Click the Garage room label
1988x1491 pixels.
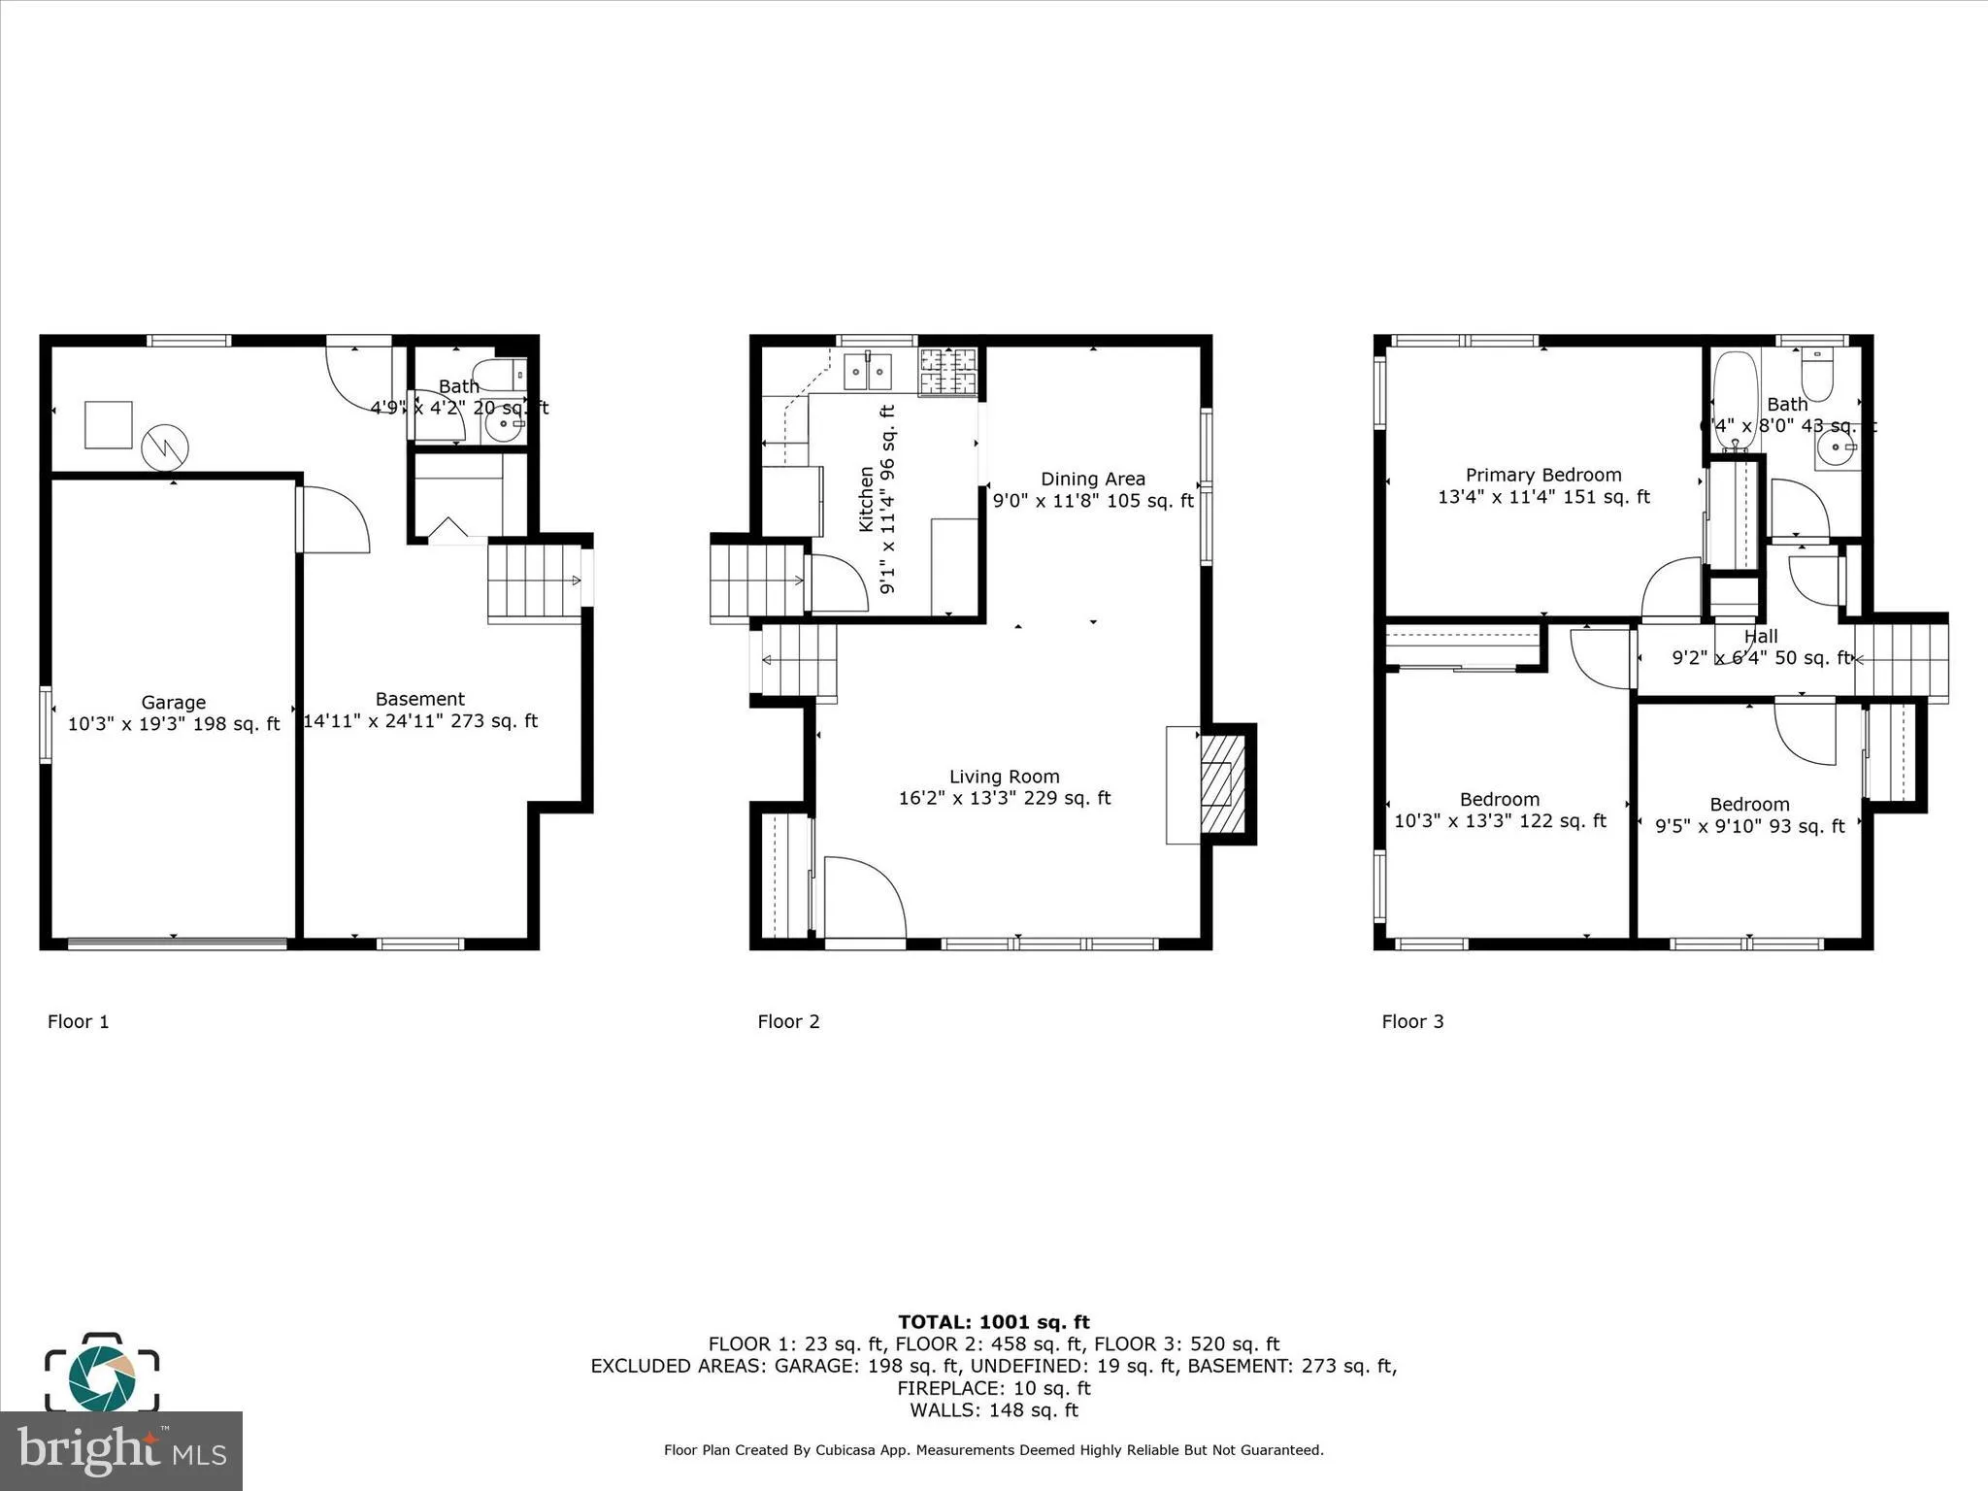(173, 702)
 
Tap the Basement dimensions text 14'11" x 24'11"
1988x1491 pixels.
(420, 721)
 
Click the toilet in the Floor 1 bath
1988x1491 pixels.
(499, 375)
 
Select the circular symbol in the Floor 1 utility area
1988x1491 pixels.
(165, 447)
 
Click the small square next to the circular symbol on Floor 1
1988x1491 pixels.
(108, 425)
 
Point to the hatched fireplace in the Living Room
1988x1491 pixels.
(1223, 783)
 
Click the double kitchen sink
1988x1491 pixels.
(868, 371)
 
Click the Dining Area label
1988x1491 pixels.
(1093, 479)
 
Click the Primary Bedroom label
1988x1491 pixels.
(1543, 475)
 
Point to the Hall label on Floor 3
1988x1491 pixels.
(1761, 637)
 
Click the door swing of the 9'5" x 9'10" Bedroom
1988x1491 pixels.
(1804, 732)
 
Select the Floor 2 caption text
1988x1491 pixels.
(788, 1021)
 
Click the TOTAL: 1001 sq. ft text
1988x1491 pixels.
(993, 1322)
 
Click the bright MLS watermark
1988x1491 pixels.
(120, 1450)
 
